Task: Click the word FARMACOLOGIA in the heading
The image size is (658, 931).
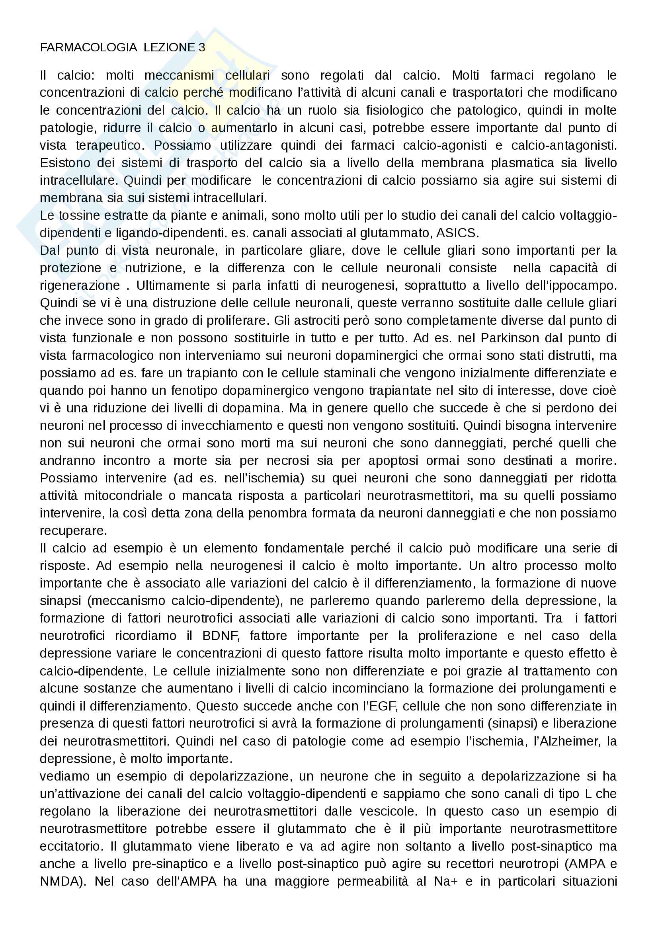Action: coord(88,47)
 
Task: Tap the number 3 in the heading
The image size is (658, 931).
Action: coord(202,47)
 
